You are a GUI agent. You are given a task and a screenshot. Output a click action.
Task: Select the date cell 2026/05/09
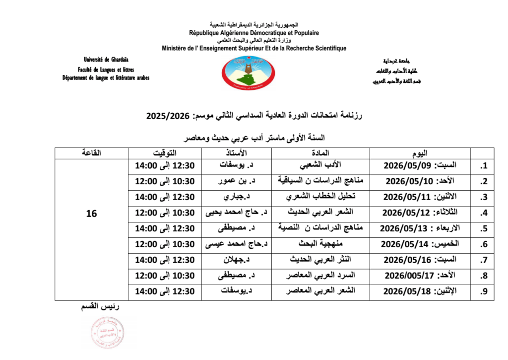(x=420, y=165)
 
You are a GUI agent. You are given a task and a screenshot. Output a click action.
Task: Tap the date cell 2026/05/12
(x=420, y=213)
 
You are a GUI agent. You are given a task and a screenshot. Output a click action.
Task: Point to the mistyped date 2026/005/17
(x=420, y=277)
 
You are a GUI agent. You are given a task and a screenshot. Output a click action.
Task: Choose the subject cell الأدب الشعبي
(x=321, y=165)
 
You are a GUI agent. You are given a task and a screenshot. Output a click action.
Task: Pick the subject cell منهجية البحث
(x=320, y=245)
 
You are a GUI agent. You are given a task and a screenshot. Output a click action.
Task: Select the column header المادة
(x=320, y=152)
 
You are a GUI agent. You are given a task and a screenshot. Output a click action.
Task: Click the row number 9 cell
(x=482, y=292)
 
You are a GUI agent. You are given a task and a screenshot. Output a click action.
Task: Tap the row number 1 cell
(x=482, y=165)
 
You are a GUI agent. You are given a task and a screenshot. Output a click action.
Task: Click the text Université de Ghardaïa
(x=106, y=60)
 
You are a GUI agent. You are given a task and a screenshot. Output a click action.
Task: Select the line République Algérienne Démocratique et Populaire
(x=254, y=33)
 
